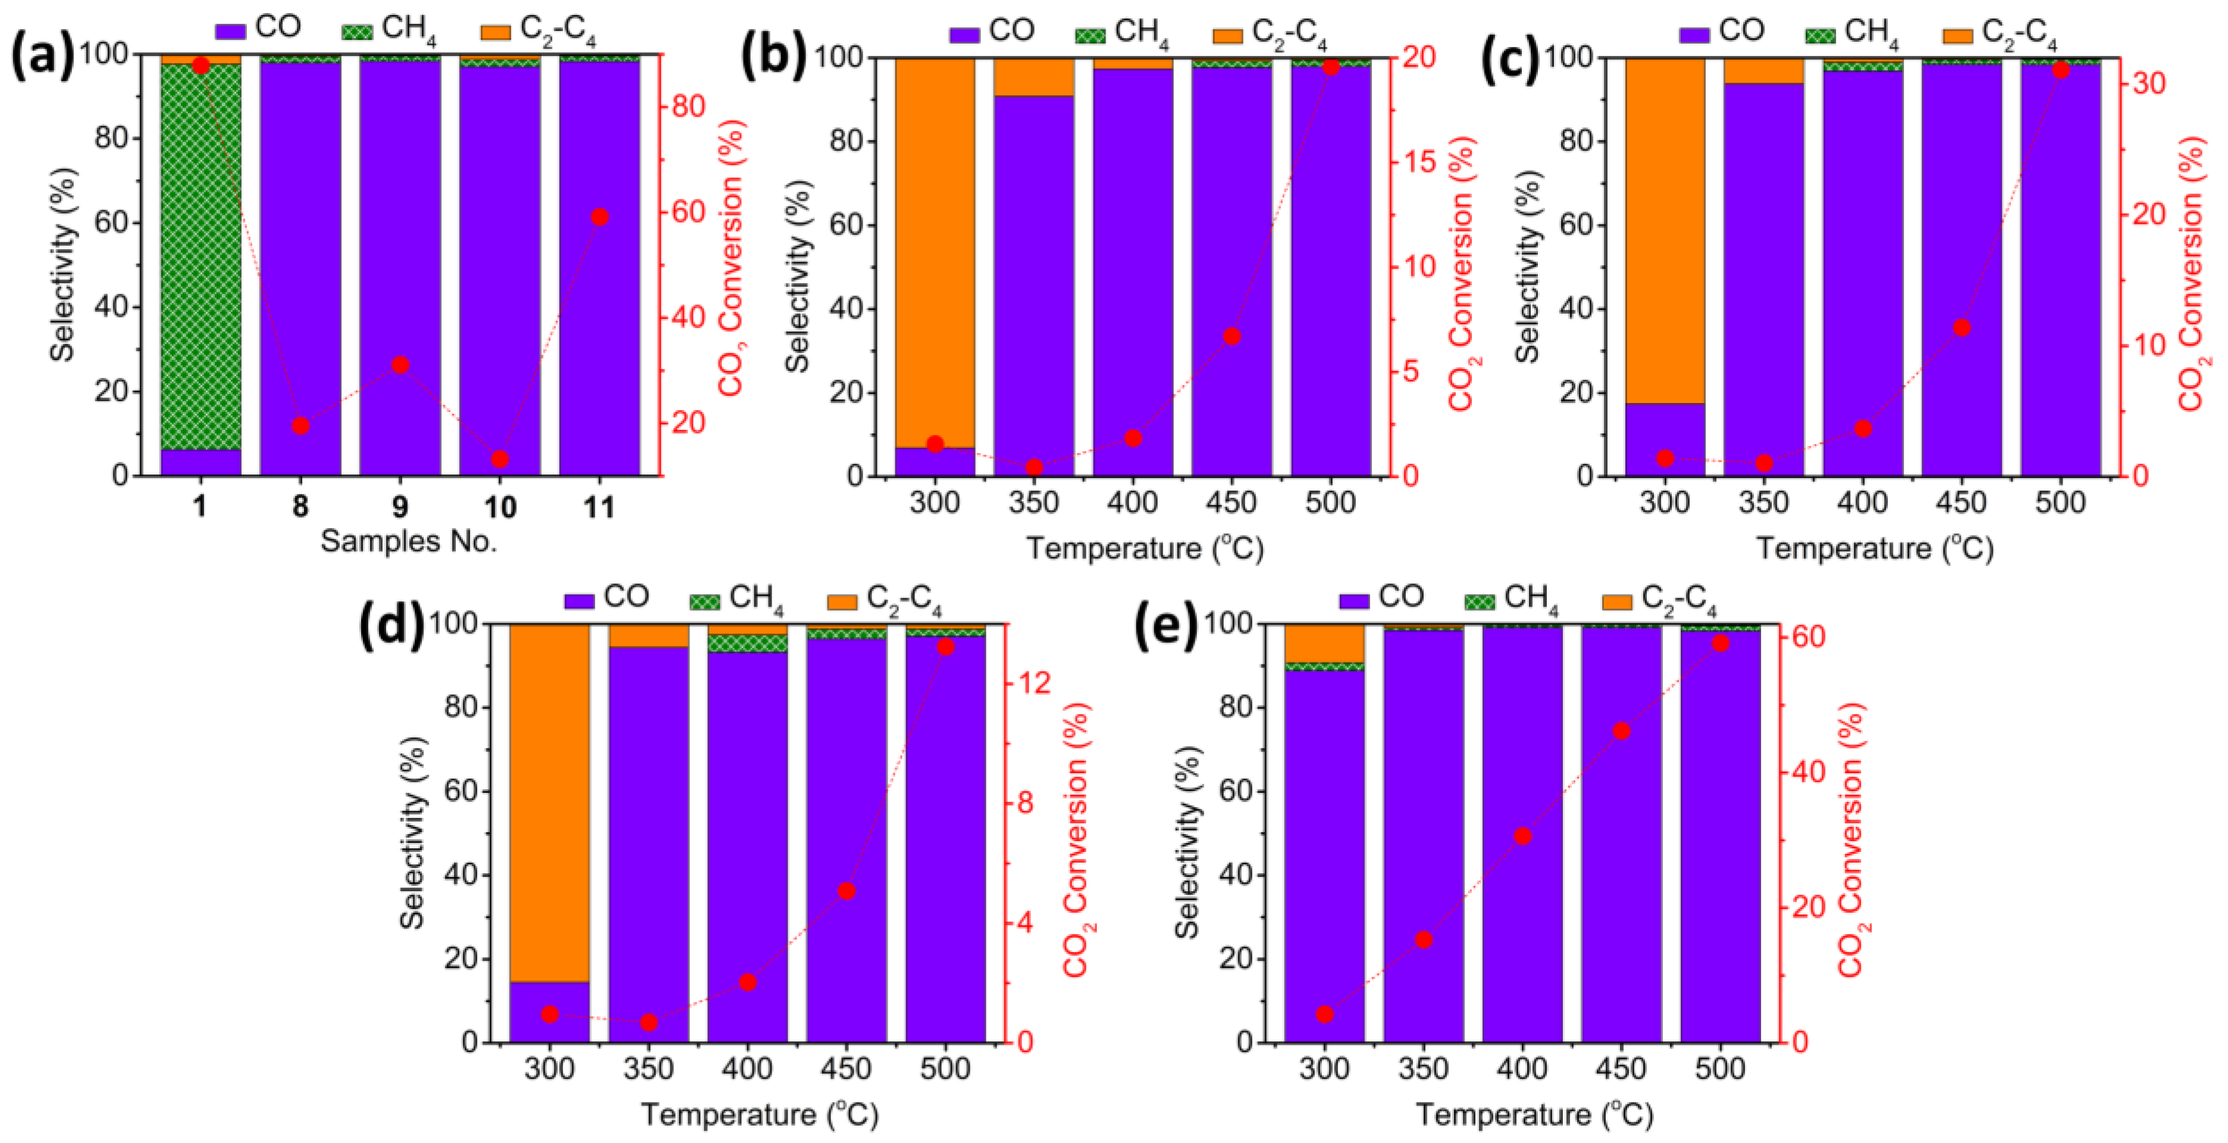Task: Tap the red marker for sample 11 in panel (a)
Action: click(599, 217)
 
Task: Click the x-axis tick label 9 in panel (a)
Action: click(400, 505)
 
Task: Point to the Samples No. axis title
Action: click(408, 542)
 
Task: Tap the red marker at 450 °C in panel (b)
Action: click(1231, 336)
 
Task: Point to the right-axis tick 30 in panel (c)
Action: click(2144, 84)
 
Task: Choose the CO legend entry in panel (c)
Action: click(1721, 32)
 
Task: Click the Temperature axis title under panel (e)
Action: click(1534, 1114)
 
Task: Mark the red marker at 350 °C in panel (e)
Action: click(1423, 939)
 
